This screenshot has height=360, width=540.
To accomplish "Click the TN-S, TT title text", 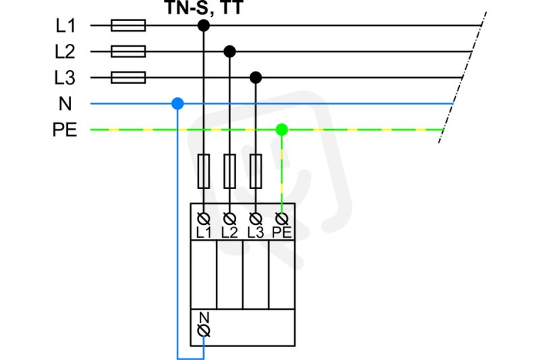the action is tap(205, 7).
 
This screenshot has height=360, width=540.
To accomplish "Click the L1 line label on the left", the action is tap(65, 26).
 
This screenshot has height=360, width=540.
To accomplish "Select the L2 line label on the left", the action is tap(65, 52).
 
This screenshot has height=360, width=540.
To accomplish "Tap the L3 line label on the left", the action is tap(65, 78).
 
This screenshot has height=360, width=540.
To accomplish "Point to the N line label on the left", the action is tap(65, 104).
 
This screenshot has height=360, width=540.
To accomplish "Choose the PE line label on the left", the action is tap(65, 130).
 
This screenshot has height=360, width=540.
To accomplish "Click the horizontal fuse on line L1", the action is tap(128, 26).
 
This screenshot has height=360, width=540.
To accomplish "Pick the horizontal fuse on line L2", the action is tap(128, 52).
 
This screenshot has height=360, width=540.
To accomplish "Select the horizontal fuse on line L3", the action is tap(128, 78).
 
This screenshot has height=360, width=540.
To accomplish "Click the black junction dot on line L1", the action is tap(204, 26).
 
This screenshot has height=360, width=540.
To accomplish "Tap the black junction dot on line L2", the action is tap(230, 52).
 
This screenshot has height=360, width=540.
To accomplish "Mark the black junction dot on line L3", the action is tap(256, 78).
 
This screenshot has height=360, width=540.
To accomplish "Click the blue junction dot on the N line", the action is tap(178, 104).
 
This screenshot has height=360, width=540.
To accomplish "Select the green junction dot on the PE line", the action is tap(281, 130).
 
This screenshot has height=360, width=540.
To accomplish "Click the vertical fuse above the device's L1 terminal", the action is tap(204, 171).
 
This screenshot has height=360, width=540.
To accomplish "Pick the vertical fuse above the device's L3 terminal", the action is tap(256, 171).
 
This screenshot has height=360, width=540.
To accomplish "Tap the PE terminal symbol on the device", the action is tap(281, 218).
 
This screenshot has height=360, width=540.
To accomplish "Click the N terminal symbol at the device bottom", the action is tap(204, 331).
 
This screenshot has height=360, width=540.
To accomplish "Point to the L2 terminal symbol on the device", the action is tap(230, 218).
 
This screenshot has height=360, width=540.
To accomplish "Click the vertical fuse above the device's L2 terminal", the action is tap(230, 171).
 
